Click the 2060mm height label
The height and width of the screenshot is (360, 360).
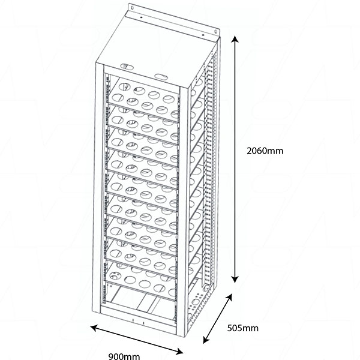coord(265,151)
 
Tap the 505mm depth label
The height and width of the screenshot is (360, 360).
coord(242,328)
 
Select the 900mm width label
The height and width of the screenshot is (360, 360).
coord(124,356)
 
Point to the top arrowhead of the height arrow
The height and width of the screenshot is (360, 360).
coord(235,39)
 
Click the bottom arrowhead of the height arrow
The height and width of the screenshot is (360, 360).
coord(235,280)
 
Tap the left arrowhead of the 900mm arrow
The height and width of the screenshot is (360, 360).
coord(94,328)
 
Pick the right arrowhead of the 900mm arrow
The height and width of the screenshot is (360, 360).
coord(179,350)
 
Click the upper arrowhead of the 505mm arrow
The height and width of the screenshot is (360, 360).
coord(229,298)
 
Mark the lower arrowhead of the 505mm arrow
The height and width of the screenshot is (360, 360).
coord(206,340)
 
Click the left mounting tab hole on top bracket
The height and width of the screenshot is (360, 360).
coord(132,8)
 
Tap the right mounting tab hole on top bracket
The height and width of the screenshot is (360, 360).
coord(215,32)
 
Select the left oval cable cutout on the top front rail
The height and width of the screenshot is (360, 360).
coord(127,67)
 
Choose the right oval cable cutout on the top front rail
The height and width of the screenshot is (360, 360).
coord(161,76)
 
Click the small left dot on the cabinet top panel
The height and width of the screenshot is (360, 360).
coord(141,17)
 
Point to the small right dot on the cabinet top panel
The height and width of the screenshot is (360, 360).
coord(203,35)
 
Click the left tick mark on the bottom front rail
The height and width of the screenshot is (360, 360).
coord(133,320)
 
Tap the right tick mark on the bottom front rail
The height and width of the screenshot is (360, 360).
coord(143,323)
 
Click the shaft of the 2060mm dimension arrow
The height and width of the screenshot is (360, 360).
coord(235,160)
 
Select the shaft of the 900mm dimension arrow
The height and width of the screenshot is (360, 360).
coord(137,340)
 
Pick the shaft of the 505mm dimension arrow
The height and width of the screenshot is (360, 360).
coord(218,319)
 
